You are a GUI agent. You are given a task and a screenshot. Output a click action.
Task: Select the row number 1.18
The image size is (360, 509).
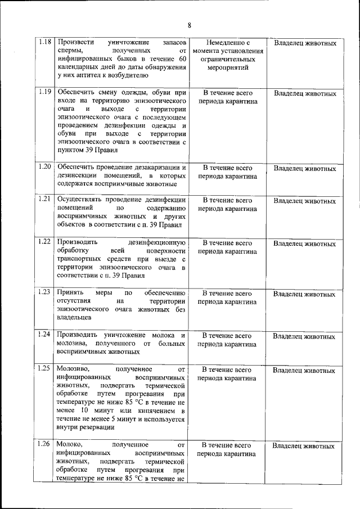click(46, 43)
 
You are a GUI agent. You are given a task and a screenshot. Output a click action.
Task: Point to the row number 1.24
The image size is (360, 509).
click(46, 335)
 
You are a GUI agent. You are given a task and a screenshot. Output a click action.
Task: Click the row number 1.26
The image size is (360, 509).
click(46, 444)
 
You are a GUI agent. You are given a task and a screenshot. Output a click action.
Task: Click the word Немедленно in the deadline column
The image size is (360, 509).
click(228, 43)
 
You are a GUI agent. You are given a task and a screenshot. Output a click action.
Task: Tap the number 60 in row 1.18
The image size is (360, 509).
click(181, 59)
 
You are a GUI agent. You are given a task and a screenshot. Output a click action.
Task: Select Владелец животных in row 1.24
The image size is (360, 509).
click(304, 336)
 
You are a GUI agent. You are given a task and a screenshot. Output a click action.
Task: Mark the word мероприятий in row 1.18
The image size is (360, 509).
click(228, 67)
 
